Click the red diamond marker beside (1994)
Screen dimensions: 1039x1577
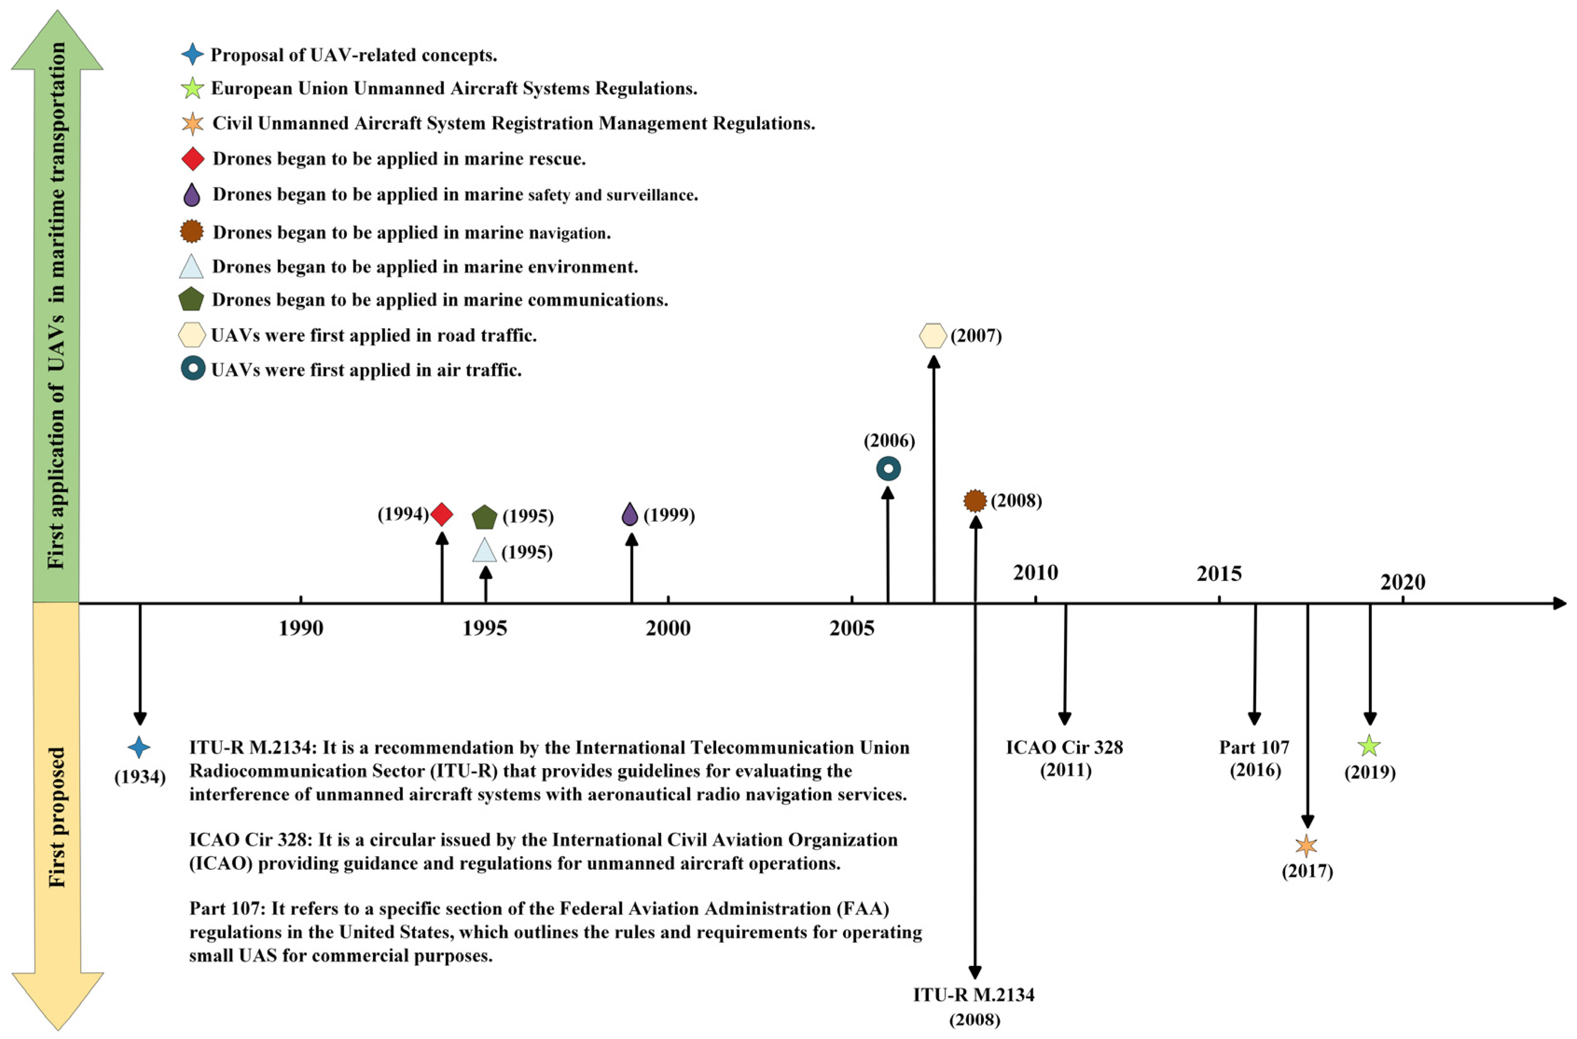tap(442, 514)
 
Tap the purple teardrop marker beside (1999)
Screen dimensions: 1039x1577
tap(630, 514)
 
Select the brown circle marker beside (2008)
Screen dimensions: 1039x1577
tap(975, 501)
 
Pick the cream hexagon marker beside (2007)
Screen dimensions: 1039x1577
tap(933, 336)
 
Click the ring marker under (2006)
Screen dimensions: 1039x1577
tap(889, 469)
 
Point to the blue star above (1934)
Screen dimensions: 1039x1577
tap(139, 748)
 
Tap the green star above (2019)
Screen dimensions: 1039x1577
tap(1369, 746)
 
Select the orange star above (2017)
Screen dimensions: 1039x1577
tap(1306, 846)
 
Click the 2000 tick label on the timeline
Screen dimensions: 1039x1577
tap(668, 628)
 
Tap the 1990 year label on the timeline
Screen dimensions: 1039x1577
tap(301, 628)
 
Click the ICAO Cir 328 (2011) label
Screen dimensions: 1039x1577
tap(1065, 759)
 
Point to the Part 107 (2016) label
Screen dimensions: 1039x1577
tap(1254, 759)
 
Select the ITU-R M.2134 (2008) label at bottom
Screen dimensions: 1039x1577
tap(974, 1006)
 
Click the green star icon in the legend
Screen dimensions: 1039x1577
tap(192, 88)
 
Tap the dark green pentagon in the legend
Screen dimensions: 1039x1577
tap(192, 299)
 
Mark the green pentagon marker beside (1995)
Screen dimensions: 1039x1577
tap(484, 517)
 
